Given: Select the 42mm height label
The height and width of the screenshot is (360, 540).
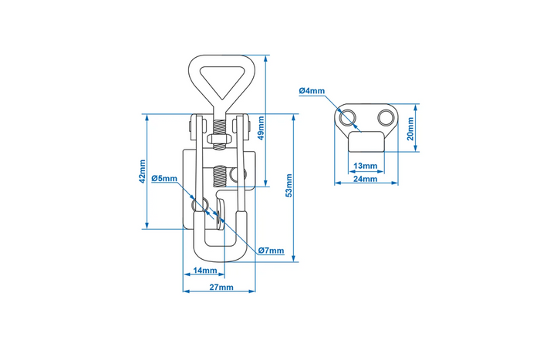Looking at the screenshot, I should [143, 171].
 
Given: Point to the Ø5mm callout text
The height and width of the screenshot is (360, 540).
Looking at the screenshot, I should [164, 179].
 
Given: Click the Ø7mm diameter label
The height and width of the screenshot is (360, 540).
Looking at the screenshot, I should [272, 251].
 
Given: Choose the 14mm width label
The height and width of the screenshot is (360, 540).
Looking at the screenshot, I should [205, 271].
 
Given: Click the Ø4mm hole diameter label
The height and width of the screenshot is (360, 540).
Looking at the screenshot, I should [311, 91].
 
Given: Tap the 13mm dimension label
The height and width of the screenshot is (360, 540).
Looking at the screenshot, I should [365, 166].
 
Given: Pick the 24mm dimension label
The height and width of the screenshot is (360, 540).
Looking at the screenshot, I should [365, 179].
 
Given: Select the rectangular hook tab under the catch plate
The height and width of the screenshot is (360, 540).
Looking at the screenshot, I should [365, 142].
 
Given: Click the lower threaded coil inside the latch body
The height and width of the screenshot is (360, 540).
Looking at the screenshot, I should [220, 177].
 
